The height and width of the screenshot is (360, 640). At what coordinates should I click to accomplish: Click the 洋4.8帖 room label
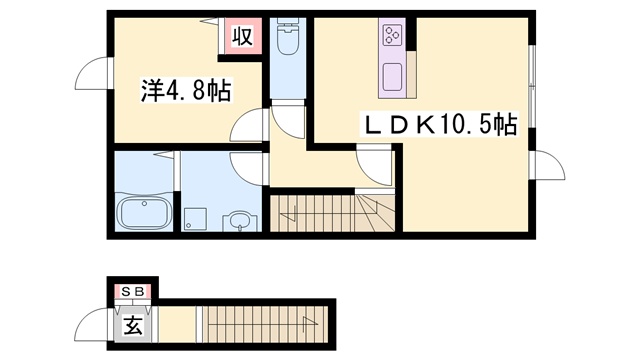click(x=186, y=90)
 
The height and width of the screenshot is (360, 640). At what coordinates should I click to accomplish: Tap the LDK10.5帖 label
click(x=440, y=124)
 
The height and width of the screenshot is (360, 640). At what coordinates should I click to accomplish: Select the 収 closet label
click(x=242, y=36)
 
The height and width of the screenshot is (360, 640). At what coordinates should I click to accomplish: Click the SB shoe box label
click(x=133, y=291)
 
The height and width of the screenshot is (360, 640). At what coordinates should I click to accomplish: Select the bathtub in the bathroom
click(x=144, y=213)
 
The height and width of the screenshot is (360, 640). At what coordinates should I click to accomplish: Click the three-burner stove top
click(x=393, y=34)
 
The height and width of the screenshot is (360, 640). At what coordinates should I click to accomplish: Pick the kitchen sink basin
click(x=393, y=77)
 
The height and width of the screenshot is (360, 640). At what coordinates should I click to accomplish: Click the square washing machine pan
click(x=195, y=219)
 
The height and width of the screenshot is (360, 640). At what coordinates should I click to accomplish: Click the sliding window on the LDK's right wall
click(x=531, y=86)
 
